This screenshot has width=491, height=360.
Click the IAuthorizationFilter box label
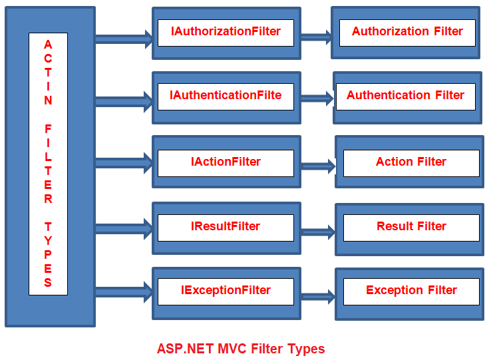tap(226, 31)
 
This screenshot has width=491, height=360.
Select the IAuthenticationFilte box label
tap(226, 95)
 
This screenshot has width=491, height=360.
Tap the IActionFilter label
tap(226, 162)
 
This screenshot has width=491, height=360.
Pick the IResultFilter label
tap(226, 226)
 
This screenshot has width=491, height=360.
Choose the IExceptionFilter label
tap(226, 290)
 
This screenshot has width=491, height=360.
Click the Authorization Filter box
tap(406, 33)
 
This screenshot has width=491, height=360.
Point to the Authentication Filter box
tap(407, 98)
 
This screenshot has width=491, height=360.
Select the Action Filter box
tap(410, 162)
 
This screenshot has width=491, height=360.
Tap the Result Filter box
tap(410, 230)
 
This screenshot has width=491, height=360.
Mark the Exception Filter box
tap(410, 294)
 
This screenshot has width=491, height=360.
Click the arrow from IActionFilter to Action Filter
tap(318, 166)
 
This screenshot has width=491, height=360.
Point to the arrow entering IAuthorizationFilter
tap(124, 39)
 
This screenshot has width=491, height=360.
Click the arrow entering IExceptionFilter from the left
tap(124, 292)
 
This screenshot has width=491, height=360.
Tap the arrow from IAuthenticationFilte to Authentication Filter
tap(317, 98)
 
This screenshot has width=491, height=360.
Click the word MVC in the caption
tap(232, 349)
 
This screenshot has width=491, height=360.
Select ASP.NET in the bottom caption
tap(185, 349)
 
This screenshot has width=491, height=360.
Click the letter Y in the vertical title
tap(48, 241)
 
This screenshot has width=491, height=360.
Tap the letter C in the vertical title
tap(48, 59)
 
